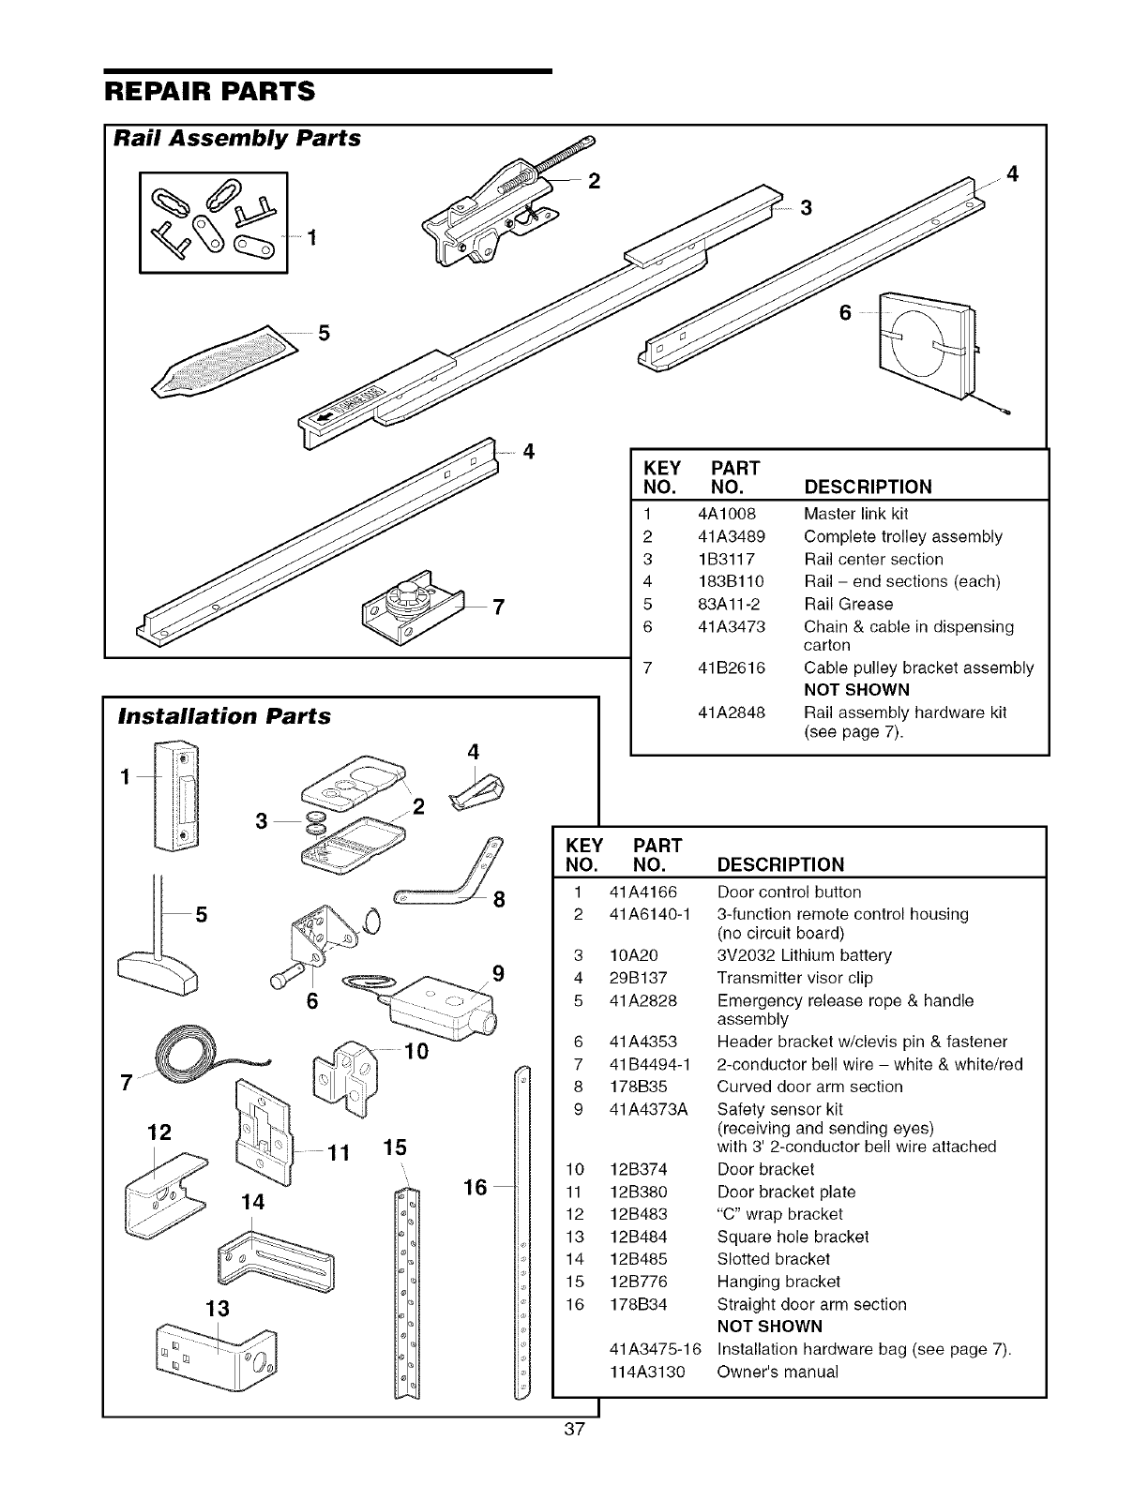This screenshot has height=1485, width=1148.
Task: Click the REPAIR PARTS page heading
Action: (x=208, y=92)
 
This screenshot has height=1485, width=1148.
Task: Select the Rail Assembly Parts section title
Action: (x=236, y=138)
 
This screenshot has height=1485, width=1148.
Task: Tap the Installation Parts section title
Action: (x=223, y=716)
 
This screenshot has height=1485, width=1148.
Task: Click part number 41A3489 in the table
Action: (x=732, y=537)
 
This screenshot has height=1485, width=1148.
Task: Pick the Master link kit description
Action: (x=855, y=514)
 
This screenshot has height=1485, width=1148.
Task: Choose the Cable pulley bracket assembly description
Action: (x=918, y=668)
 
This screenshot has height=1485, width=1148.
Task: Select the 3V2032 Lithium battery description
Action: (x=804, y=956)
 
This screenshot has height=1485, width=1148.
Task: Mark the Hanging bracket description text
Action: (x=778, y=1282)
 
